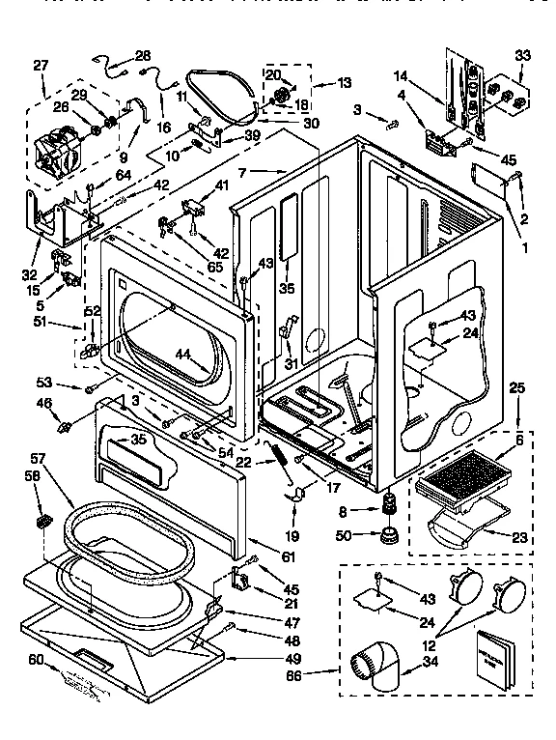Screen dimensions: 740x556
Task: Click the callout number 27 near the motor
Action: pyautogui.click(x=41, y=66)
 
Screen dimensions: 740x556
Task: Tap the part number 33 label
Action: pyautogui.click(x=521, y=55)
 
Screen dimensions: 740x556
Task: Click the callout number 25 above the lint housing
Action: pyautogui.click(x=517, y=387)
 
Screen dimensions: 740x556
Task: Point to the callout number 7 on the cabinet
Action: pyautogui.click(x=244, y=172)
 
